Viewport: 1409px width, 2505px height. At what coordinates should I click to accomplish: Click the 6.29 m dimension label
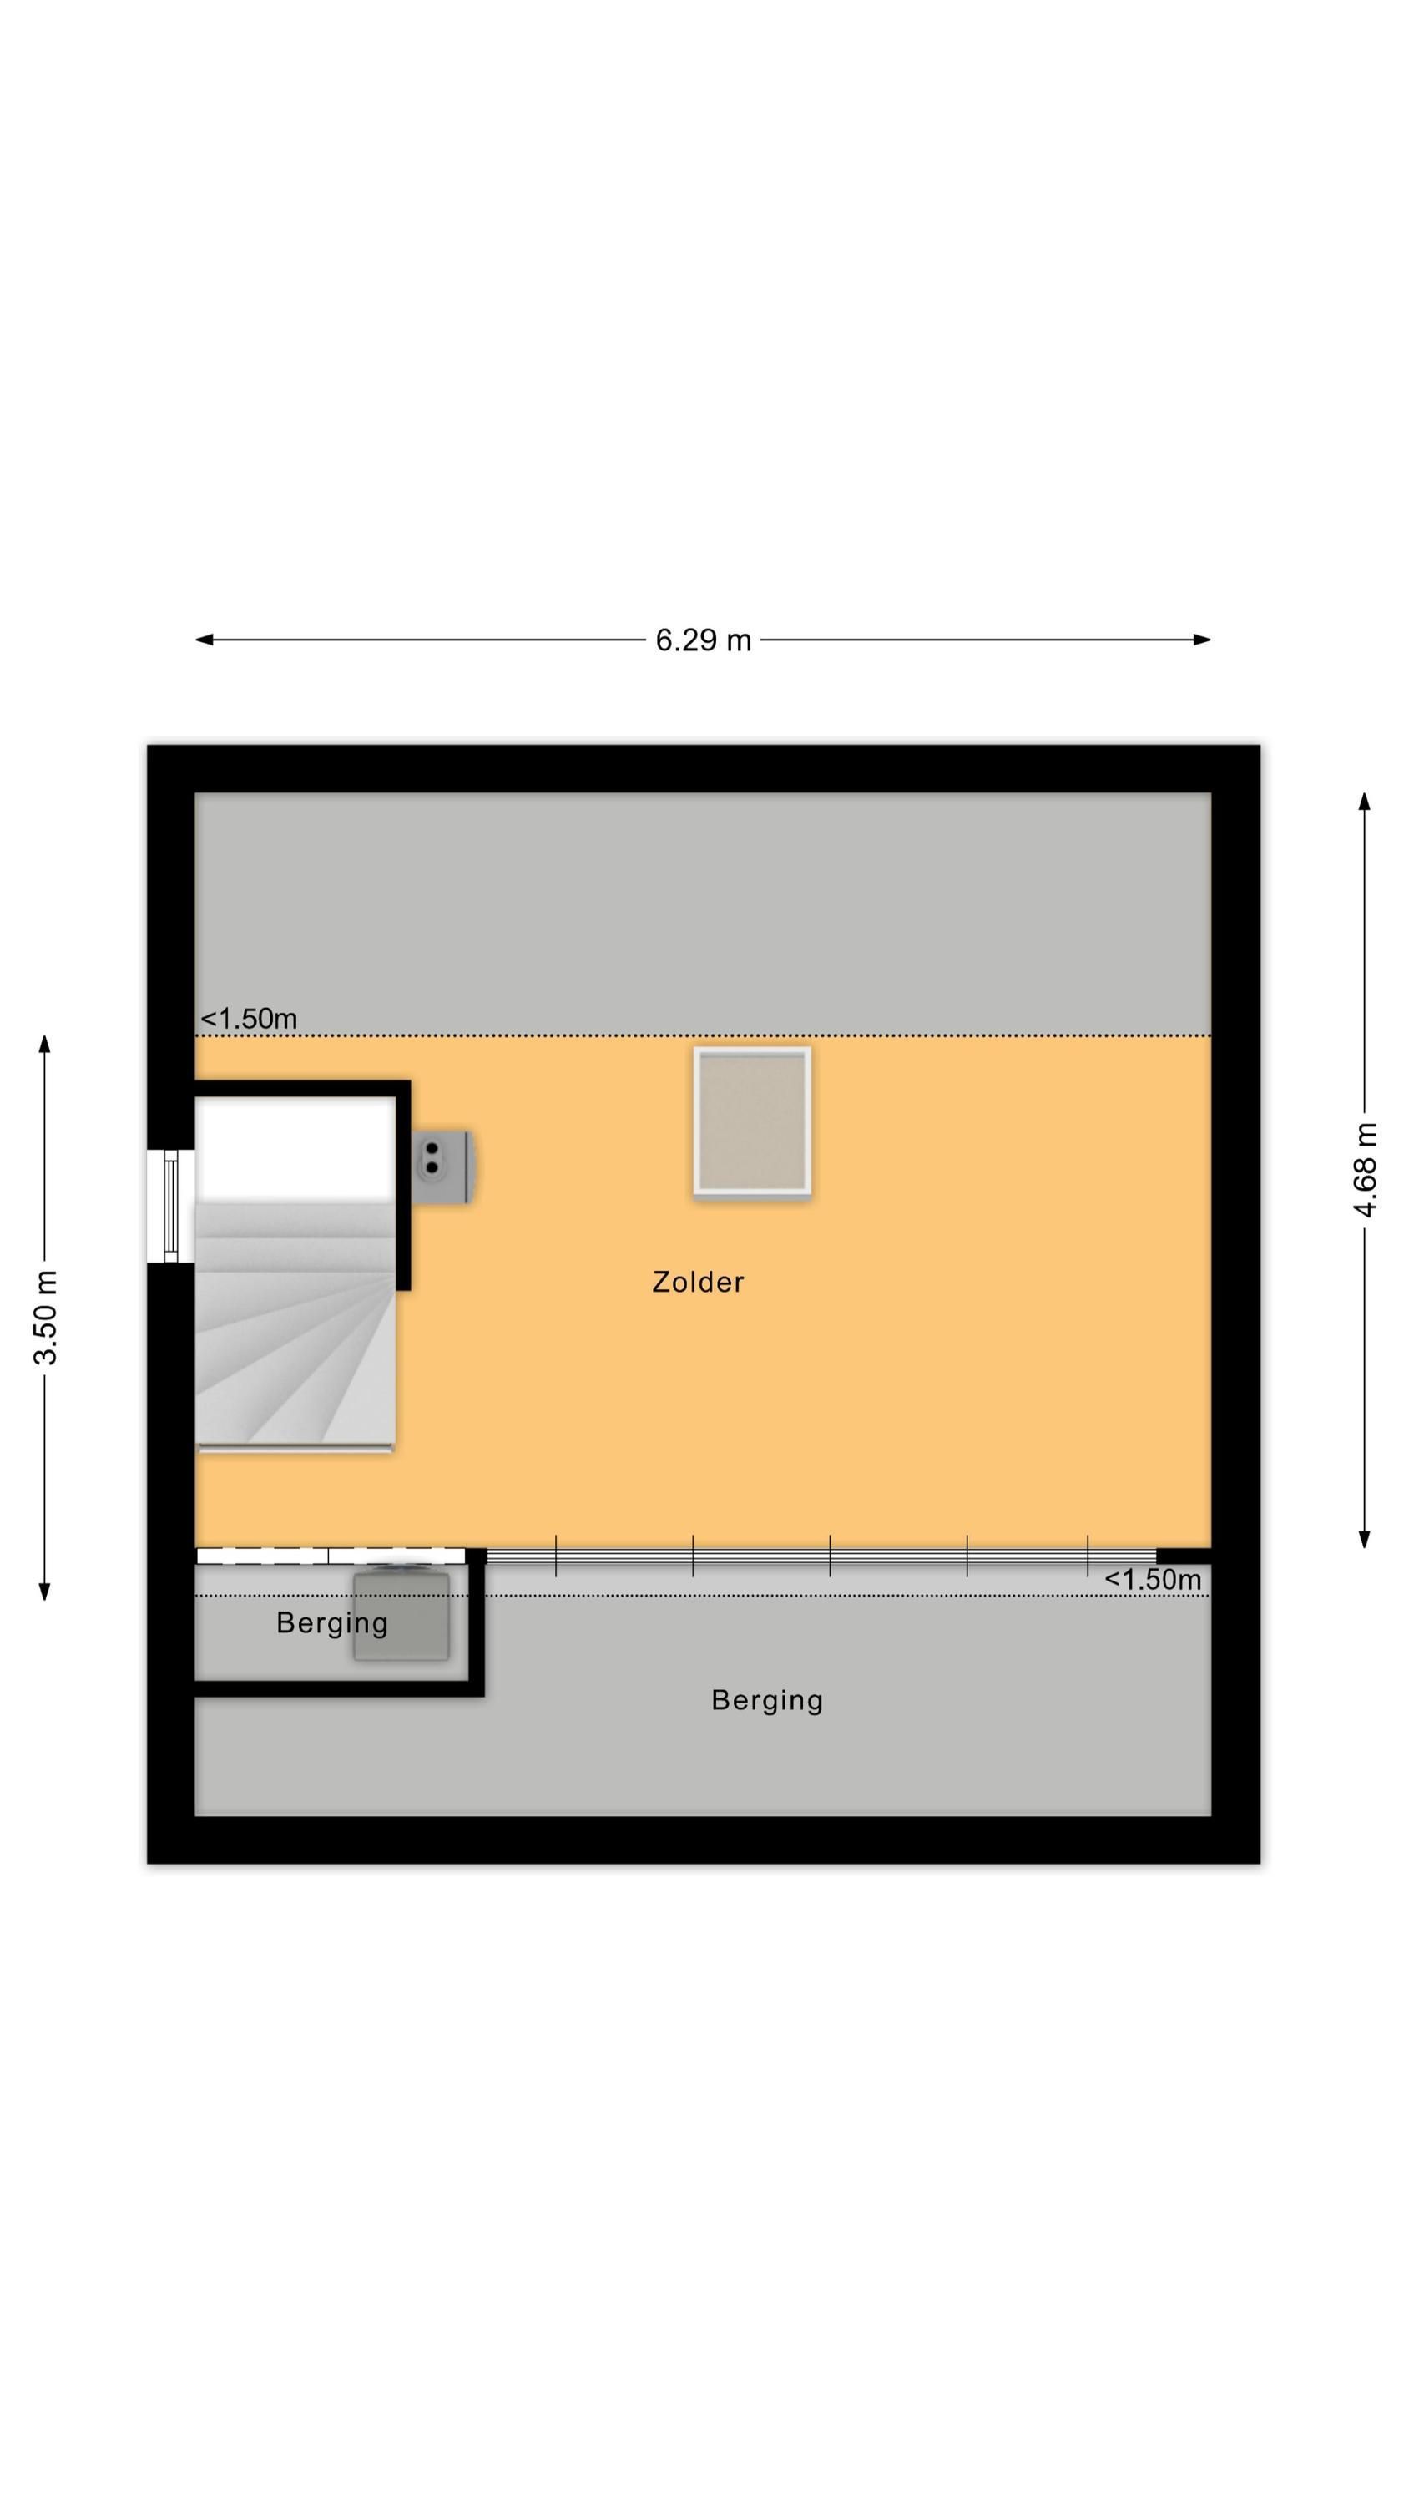point(703,640)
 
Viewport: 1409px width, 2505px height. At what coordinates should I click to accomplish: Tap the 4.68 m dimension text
point(1366,1170)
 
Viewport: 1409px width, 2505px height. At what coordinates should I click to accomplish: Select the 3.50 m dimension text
point(45,1317)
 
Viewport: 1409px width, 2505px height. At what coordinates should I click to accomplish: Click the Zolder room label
point(698,1282)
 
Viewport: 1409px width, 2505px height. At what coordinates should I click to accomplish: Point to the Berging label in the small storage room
point(332,1623)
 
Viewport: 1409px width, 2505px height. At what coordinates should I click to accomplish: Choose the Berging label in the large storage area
point(767,1700)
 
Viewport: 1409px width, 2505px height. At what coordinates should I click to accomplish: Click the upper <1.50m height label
point(249,1018)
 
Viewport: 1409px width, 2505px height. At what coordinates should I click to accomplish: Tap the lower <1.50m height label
point(1152,1579)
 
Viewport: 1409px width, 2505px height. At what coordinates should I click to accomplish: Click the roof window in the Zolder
point(751,1121)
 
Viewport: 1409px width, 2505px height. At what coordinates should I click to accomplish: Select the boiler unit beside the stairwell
point(443,1166)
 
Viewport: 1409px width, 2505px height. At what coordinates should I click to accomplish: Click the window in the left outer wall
point(171,1206)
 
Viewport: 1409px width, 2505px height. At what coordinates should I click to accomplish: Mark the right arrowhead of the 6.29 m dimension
point(1202,640)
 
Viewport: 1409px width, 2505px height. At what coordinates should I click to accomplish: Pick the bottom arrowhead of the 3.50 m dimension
point(45,1591)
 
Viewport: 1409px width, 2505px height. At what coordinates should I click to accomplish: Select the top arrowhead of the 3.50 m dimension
point(45,1045)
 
